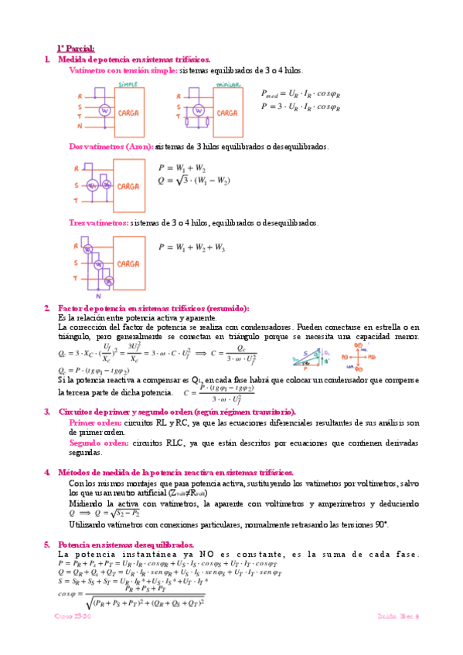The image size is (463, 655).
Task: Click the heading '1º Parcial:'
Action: (75, 49)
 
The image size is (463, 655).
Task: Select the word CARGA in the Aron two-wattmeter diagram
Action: (128, 186)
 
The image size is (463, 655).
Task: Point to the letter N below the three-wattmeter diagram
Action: (98, 296)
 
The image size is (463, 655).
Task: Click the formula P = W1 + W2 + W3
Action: (192, 248)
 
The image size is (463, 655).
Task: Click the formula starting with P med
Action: (301, 93)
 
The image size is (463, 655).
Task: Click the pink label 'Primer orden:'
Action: (96, 423)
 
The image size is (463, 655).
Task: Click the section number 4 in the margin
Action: (47, 472)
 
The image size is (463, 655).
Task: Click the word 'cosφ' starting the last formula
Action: (66, 593)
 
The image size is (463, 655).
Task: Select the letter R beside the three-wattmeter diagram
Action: (79, 246)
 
